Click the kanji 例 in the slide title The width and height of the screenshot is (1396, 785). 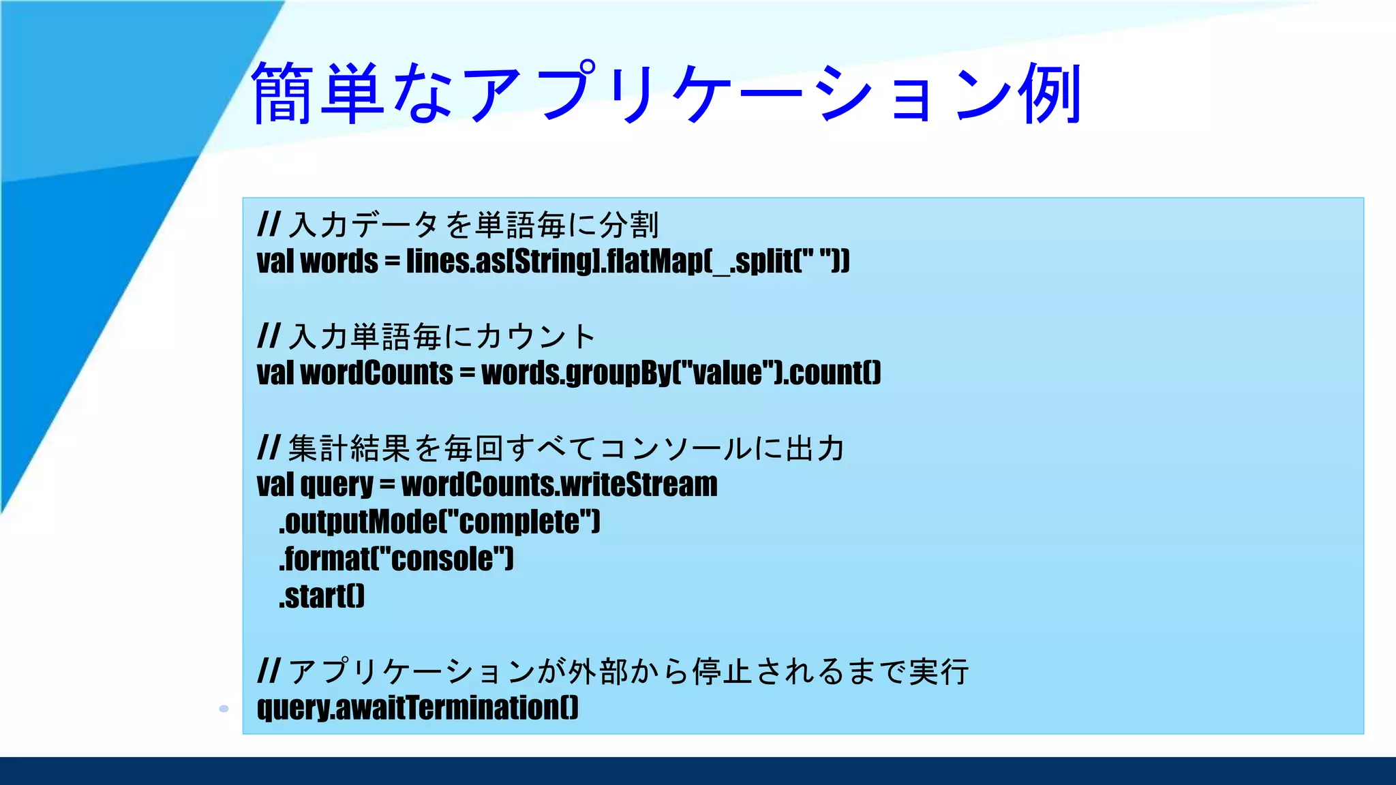click(1050, 93)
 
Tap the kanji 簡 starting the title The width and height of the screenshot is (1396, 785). click(284, 93)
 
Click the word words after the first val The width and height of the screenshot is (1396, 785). click(339, 262)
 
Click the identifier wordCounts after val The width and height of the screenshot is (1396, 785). click(376, 373)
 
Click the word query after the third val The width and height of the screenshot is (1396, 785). click(337, 485)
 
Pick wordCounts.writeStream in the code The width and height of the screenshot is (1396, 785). click(559, 485)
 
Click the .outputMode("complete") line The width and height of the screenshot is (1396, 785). click(440, 523)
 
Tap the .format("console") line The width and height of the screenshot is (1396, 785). click(396, 559)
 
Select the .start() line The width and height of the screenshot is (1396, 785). click(322, 597)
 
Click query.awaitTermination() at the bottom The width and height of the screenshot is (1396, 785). click(418, 709)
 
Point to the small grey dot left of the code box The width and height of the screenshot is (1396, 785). click(224, 709)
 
